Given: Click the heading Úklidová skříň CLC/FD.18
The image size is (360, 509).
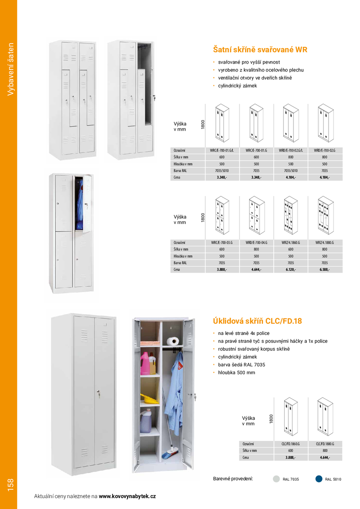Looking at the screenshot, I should [257, 321].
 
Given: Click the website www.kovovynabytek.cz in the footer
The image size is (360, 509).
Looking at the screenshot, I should [127, 496].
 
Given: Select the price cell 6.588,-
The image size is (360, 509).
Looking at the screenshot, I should [325, 270].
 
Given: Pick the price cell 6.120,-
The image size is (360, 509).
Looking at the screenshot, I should [291, 270].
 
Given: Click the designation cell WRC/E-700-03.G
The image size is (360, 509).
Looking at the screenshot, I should [222, 243].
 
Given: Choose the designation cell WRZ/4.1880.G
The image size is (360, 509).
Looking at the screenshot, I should [325, 243].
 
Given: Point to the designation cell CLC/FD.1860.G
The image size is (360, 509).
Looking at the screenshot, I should [291, 444].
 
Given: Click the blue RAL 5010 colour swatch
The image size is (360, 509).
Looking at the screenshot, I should [319, 479].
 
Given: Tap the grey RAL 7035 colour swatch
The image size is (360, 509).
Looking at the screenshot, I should [276, 479].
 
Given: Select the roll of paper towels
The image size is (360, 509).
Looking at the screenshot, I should [172, 342].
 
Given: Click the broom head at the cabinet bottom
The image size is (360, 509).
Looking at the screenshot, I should [172, 452].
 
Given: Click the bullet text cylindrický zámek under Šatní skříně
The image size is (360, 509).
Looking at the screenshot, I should [237, 86].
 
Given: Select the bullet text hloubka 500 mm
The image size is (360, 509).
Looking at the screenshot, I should [237, 373].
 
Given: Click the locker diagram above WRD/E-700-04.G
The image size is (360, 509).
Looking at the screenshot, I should [256, 215].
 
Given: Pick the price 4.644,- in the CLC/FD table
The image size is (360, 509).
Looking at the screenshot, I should [325, 458].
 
